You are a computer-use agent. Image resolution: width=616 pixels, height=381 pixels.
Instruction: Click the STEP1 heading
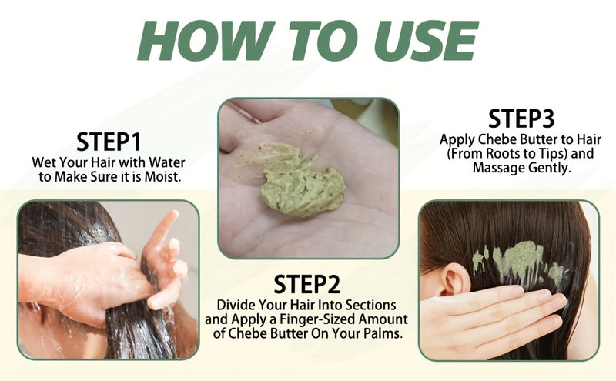(x=109, y=142)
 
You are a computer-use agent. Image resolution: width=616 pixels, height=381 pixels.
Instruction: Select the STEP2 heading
(x=307, y=283)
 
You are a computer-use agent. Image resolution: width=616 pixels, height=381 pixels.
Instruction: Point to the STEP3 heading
(x=521, y=119)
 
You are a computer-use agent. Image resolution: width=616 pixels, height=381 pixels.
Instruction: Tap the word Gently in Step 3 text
(x=547, y=168)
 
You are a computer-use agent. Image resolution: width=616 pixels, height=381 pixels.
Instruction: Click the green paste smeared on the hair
(x=514, y=262)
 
